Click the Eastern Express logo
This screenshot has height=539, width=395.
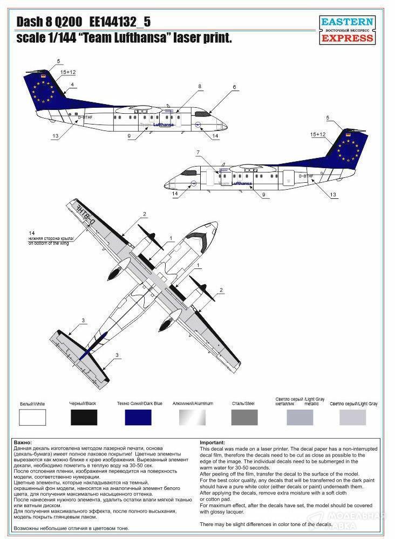point(347,30)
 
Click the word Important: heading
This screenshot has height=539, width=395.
point(213,442)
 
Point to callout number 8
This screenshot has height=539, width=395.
point(199,86)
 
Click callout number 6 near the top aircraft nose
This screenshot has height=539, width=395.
point(235,87)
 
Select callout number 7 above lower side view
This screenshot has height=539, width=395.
point(198,153)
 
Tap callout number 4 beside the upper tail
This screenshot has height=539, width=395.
point(72,85)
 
